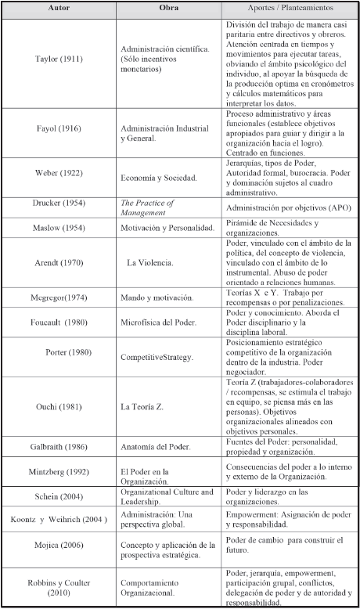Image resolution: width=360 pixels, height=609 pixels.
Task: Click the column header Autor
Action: click(x=59, y=8)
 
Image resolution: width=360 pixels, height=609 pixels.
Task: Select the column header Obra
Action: click(x=168, y=8)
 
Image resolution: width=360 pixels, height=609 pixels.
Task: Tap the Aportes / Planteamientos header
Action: click(x=287, y=8)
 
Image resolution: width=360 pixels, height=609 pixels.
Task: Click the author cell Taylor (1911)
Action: click(x=59, y=59)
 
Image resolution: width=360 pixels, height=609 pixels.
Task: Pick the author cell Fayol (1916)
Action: click(x=59, y=128)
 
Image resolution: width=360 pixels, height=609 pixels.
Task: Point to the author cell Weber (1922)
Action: click(x=59, y=172)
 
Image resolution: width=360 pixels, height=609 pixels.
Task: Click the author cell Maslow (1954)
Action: click(x=59, y=229)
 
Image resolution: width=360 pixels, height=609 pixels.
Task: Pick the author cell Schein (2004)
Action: click(x=59, y=496)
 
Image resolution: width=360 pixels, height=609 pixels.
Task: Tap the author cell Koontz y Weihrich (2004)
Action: click(x=59, y=520)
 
